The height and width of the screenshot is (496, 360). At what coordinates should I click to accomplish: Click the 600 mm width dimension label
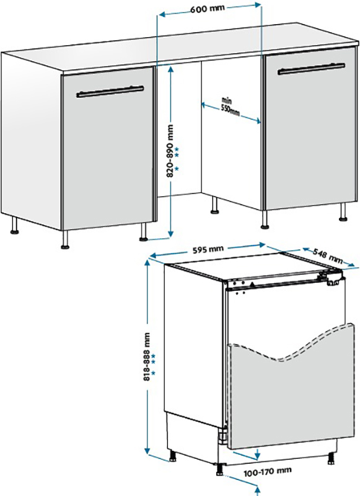click(208, 9)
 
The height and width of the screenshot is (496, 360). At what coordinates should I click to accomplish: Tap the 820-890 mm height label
click(170, 151)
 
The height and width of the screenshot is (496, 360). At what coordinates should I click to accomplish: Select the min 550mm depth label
click(230, 107)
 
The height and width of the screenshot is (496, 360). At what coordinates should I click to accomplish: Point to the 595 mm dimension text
click(208, 249)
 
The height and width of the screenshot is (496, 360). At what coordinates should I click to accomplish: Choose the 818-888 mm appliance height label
click(147, 356)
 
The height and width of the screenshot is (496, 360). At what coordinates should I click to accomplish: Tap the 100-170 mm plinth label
click(268, 472)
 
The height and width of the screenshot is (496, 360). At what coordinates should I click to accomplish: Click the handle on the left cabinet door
click(110, 92)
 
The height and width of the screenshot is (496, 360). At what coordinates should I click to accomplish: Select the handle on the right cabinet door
click(311, 69)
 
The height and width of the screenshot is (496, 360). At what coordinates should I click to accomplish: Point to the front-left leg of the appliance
click(172, 455)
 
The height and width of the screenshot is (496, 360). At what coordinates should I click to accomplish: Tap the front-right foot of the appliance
click(331, 459)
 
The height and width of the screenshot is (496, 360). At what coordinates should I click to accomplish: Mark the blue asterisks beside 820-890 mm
click(177, 158)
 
